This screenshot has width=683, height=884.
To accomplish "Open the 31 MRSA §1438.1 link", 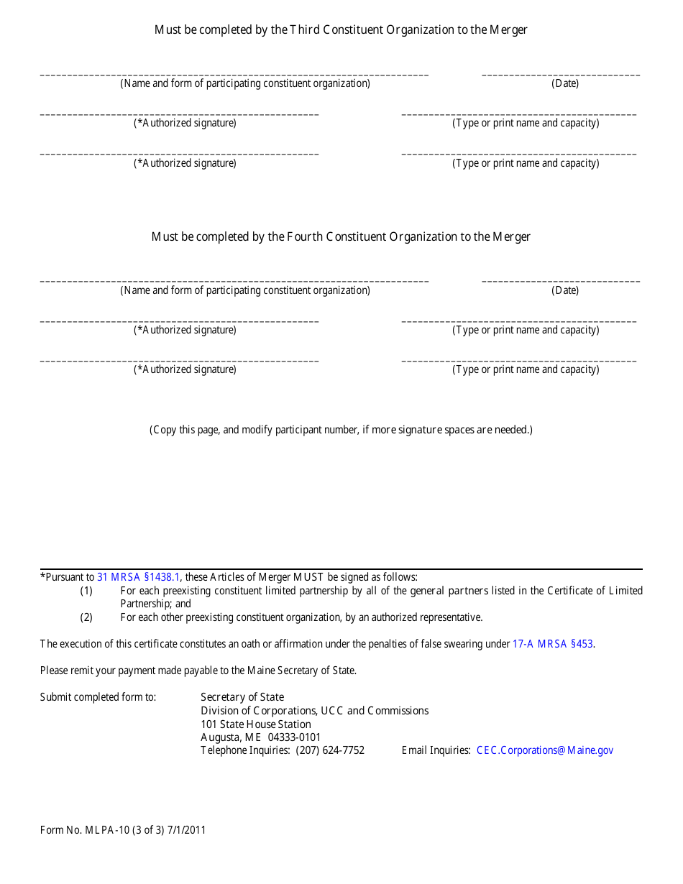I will [x=139, y=577].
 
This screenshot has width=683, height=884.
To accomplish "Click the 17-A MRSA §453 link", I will [x=553, y=645].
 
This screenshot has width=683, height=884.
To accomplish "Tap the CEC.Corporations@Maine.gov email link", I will [x=545, y=750].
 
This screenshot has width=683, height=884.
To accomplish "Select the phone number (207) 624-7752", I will [x=330, y=750].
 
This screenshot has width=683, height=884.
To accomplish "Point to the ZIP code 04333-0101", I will [x=295, y=737].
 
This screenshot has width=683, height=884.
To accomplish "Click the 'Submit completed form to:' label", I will [x=98, y=697].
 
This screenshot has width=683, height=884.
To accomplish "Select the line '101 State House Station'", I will [x=256, y=724].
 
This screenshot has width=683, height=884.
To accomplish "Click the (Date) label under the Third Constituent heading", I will [x=565, y=83].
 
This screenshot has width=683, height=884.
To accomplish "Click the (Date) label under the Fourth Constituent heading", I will [x=565, y=290].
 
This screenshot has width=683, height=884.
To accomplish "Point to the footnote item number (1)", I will [x=86, y=591].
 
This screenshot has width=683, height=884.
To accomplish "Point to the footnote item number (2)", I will [x=86, y=617].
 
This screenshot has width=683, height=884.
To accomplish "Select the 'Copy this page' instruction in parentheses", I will [x=341, y=430].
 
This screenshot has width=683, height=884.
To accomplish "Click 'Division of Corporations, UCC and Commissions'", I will [x=314, y=711].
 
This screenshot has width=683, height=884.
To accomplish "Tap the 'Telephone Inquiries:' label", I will [x=245, y=750].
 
